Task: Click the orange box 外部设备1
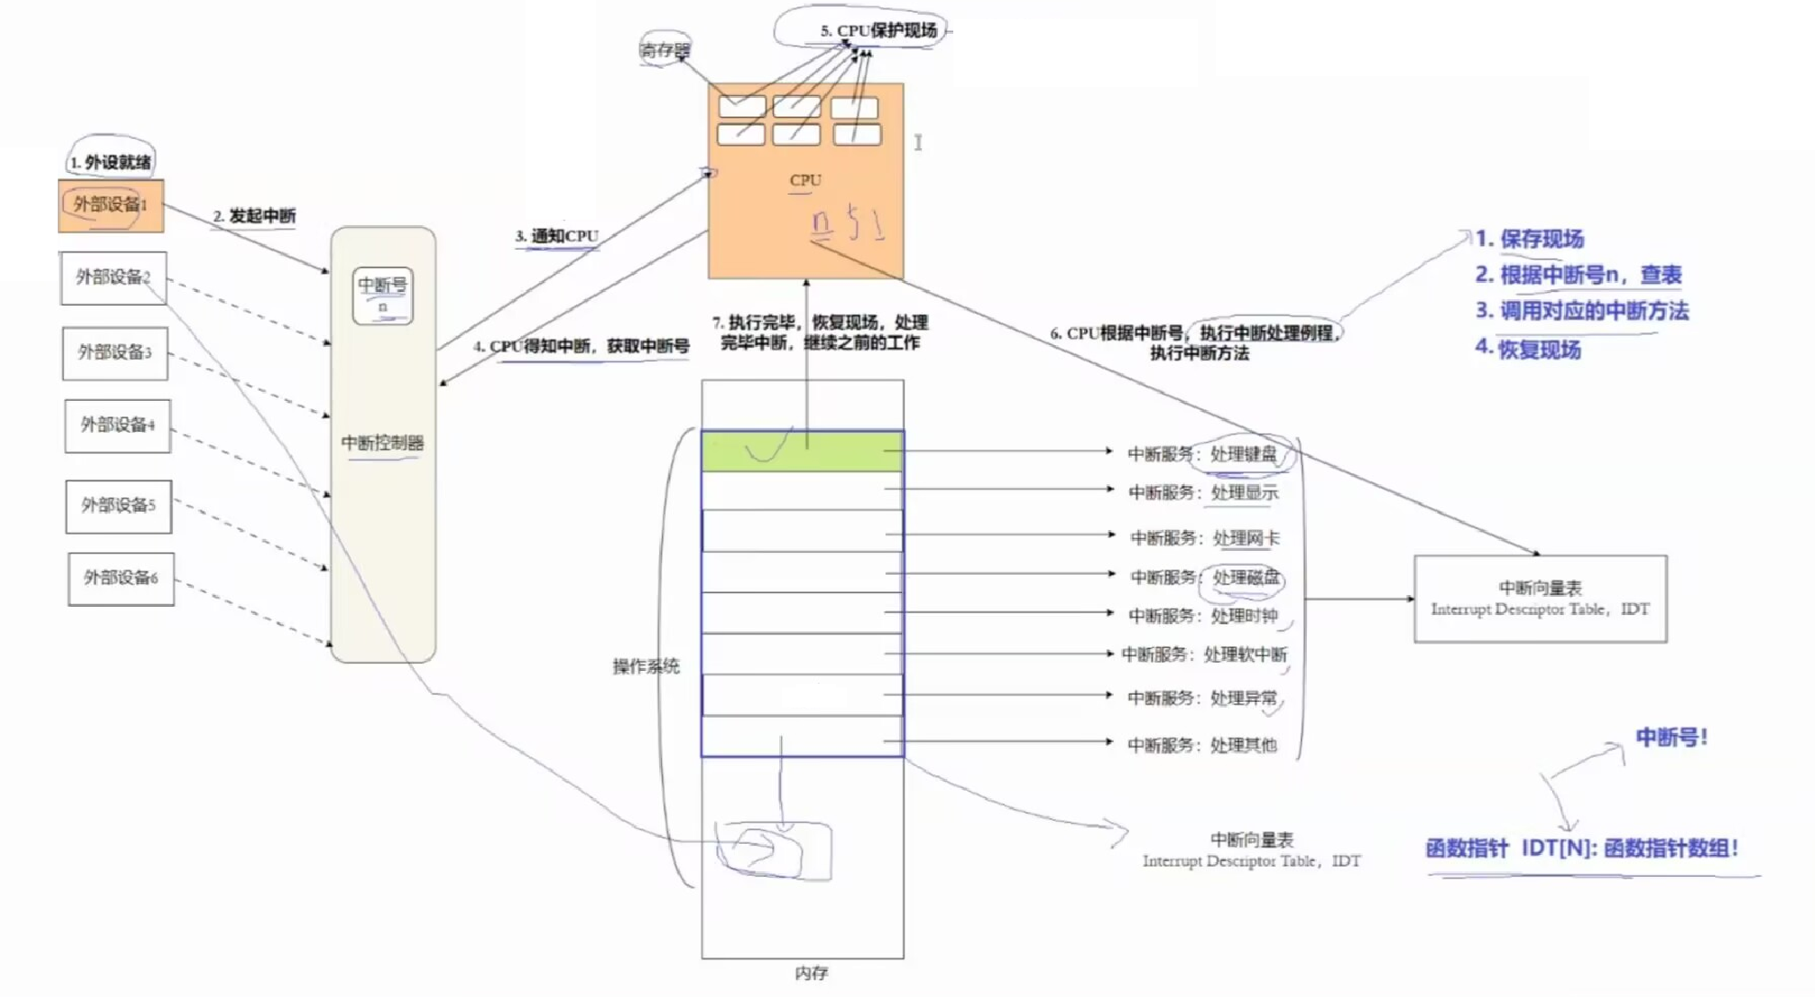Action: pos(111,205)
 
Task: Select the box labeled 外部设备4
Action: pos(117,426)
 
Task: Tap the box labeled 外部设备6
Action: pos(121,578)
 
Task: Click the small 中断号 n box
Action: pos(383,295)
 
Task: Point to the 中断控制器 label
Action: pos(383,444)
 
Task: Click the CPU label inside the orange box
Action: pos(806,180)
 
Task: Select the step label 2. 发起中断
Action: pos(255,216)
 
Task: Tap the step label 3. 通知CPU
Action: pos(557,236)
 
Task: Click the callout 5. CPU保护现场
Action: pos(878,31)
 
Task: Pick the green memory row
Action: pos(802,452)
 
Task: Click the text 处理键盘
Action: pos(1244,454)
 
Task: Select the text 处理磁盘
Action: pos(1246,578)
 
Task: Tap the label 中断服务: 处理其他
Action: pos(1201,745)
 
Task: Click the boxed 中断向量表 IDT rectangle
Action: pos(1540,599)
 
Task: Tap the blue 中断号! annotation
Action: pos(1671,738)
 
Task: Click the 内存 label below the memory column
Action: pos(811,973)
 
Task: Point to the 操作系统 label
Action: pos(646,666)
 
